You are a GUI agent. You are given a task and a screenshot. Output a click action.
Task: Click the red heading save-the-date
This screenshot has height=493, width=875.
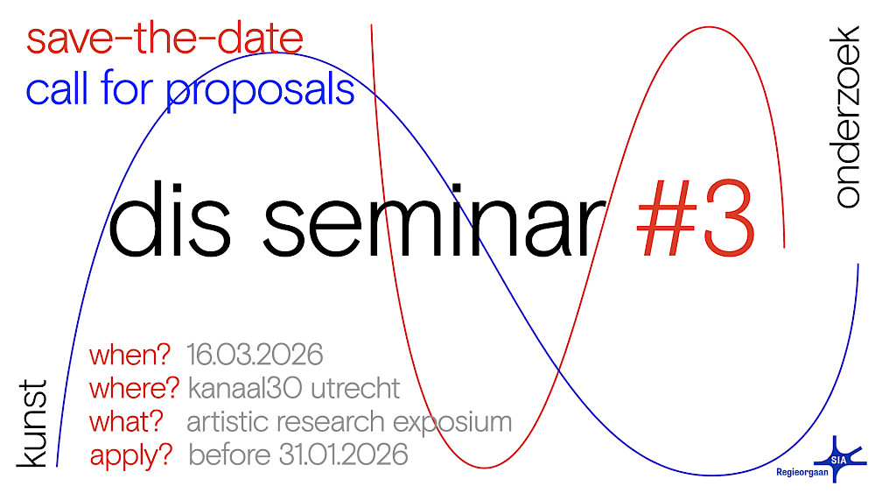click(x=164, y=39)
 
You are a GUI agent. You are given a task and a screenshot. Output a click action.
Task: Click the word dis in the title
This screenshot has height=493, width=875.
click(x=170, y=220)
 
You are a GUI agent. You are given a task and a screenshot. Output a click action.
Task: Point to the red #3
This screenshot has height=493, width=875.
click(x=696, y=219)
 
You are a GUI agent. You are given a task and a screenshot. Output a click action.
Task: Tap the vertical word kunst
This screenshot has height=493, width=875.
click(x=31, y=423)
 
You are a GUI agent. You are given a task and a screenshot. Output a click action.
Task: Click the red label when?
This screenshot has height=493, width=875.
click(x=129, y=356)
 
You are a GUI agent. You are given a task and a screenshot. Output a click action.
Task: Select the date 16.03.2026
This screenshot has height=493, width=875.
click(x=255, y=355)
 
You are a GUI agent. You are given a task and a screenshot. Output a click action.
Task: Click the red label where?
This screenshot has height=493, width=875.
click(x=134, y=388)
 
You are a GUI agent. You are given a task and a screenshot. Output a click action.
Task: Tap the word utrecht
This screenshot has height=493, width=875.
click(x=355, y=389)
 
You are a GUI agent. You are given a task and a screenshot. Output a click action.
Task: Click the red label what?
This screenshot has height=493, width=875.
click(x=126, y=421)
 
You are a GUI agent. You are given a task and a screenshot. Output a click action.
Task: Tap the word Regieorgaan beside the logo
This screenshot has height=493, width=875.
click(x=801, y=473)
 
